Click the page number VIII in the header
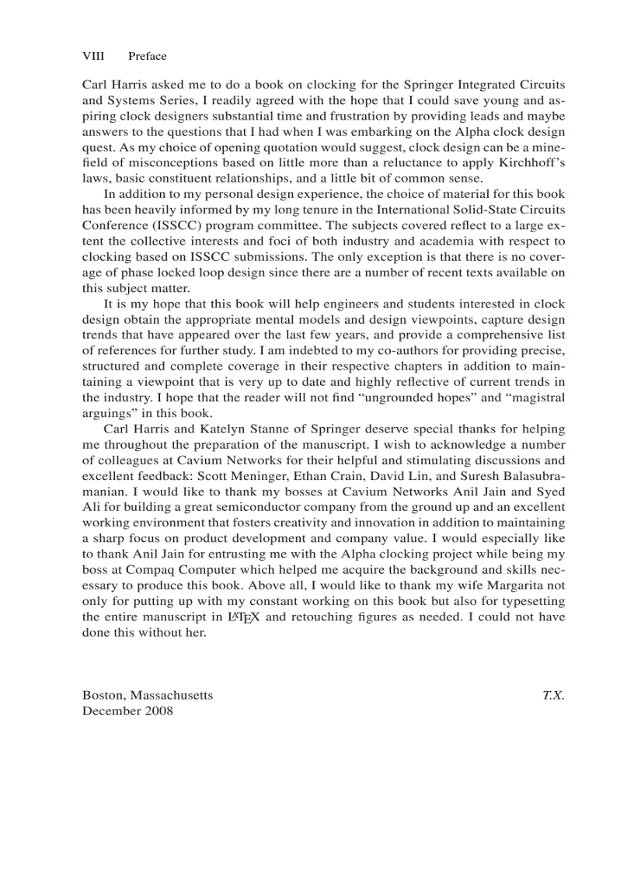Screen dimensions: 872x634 (x=93, y=56)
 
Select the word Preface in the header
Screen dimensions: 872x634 (x=147, y=56)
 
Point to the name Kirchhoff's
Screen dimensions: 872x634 (x=532, y=162)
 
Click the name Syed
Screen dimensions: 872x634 (x=549, y=492)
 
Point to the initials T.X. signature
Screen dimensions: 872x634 (x=552, y=695)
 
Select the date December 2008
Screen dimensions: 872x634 (x=127, y=710)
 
